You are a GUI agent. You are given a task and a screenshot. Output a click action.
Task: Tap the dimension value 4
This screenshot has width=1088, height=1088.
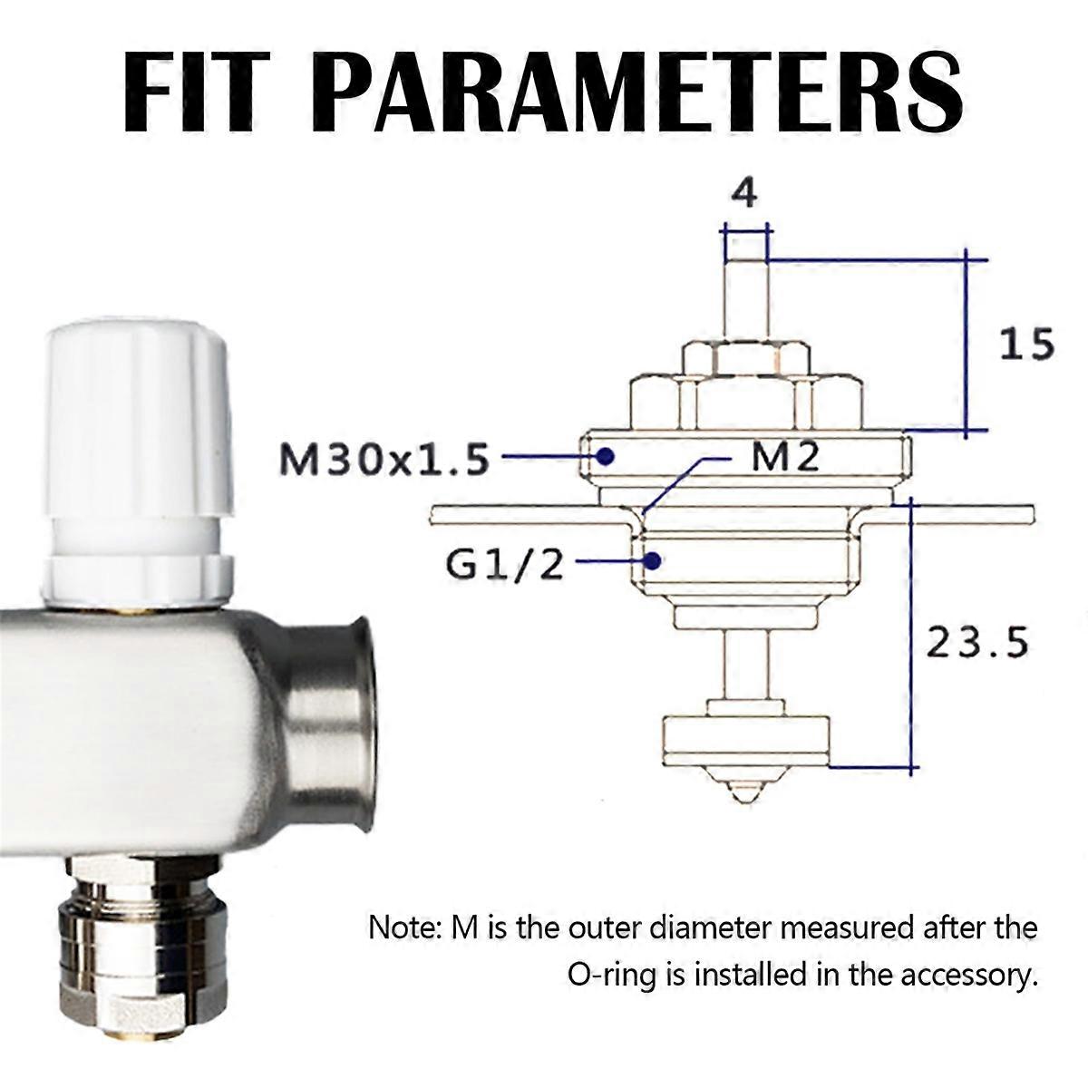pyautogui.click(x=744, y=195)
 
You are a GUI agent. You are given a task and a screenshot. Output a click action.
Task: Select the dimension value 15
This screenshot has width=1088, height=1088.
pyautogui.click(x=1027, y=345)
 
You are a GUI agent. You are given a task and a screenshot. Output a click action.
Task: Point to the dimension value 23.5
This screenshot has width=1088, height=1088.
pyautogui.click(x=977, y=642)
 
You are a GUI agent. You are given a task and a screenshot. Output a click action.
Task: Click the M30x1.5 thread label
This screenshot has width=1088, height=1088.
pyautogui.click(x=384, y=461)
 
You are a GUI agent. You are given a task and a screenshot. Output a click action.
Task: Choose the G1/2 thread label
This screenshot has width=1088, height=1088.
pyautogui.click(x=504, y=565)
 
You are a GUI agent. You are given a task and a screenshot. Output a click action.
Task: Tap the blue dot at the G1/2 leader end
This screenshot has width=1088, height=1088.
pyautogui.click(x=652, y=560)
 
